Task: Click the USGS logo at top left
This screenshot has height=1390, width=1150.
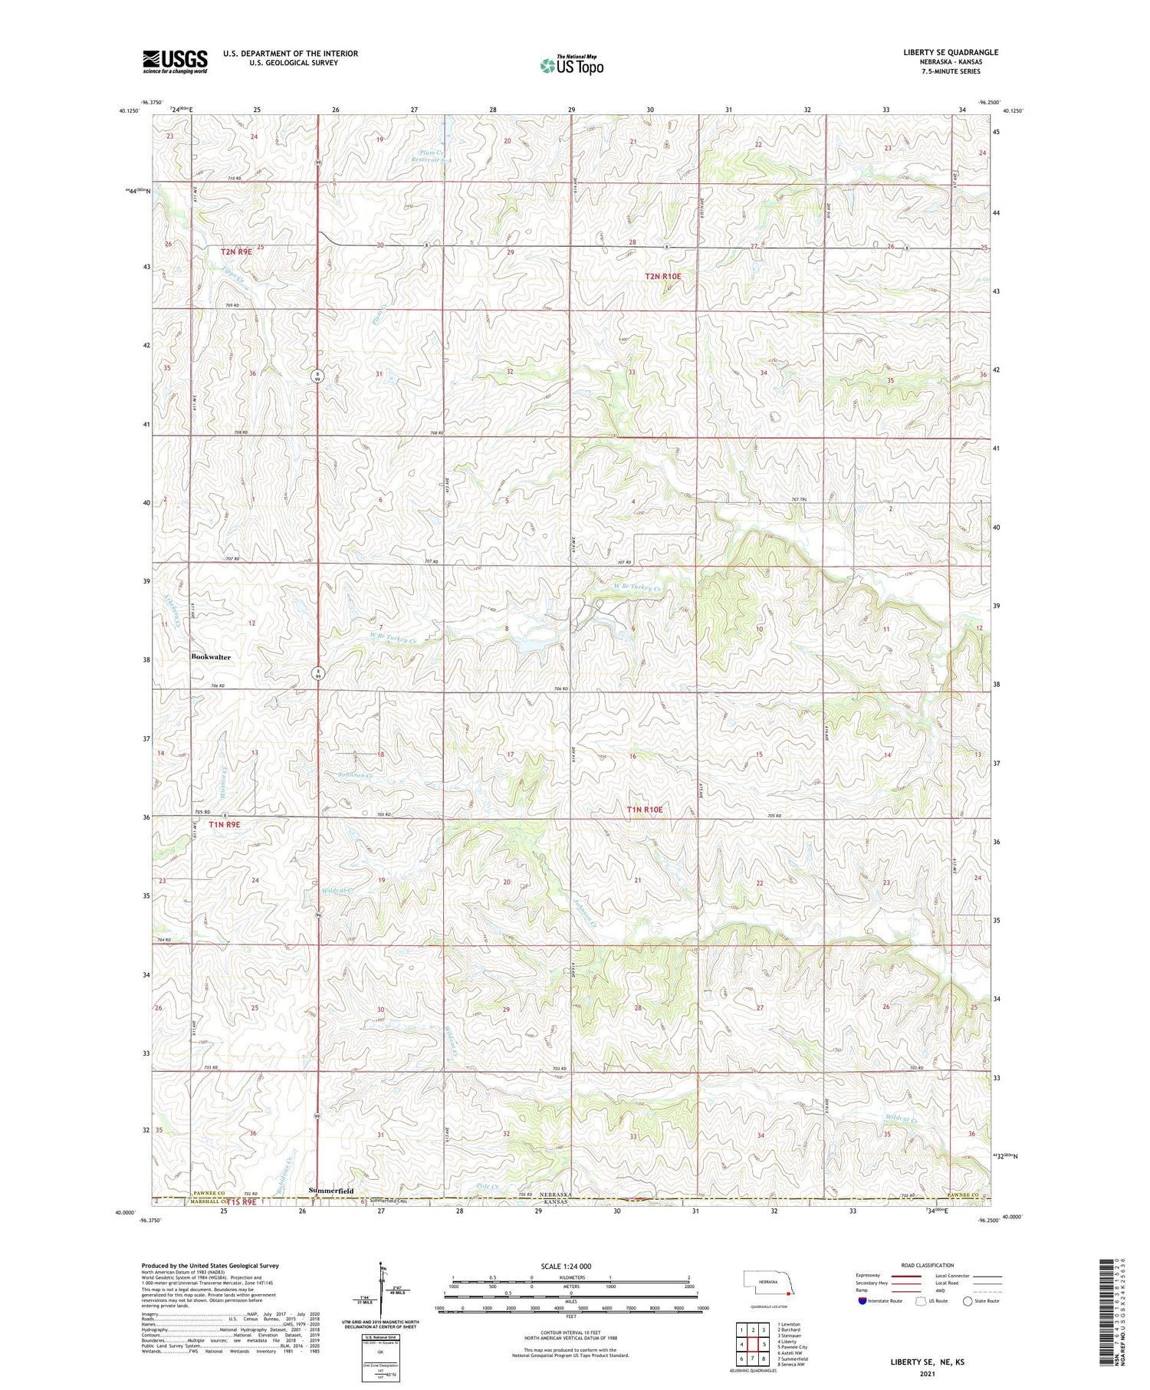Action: click(175, 61)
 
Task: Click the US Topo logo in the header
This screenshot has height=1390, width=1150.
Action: click(571, 65)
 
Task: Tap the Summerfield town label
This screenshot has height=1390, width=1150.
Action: click(331, 1189)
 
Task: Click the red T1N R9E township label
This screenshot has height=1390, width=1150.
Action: click(221, 824)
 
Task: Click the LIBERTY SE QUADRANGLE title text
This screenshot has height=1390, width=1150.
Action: click(951, 52)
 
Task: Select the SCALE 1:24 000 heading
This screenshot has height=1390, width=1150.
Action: click(570, 1266)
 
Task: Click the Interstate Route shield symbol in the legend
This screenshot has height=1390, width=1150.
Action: click(863, 1301)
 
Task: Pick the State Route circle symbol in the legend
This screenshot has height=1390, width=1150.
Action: click(968, 1301)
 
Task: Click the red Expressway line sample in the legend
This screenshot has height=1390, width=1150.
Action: click(906, 1277)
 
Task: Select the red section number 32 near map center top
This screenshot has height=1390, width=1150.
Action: click(510, 371)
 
